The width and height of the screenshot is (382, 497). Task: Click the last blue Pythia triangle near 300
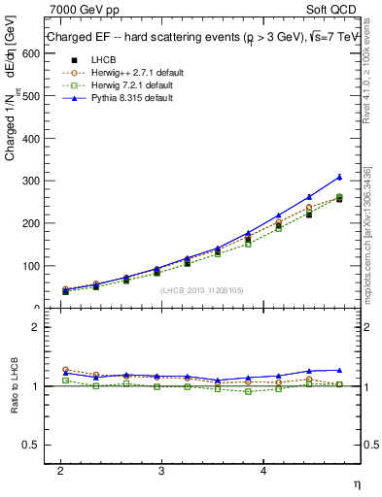(339, 177)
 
